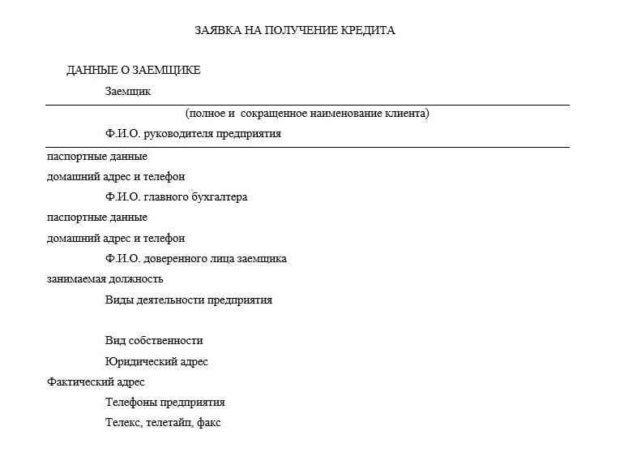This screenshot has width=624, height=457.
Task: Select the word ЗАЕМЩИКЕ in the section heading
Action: click(165, 71)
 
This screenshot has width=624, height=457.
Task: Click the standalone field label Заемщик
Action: click(128, 92)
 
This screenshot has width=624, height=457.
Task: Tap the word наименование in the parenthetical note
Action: click(351, 114)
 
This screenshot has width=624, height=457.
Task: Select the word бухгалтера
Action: click(217, 197)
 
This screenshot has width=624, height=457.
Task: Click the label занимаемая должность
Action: click(105, 279)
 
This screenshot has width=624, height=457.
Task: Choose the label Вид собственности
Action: click(154, 341)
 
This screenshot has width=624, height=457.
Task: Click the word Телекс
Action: click(123, 423)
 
